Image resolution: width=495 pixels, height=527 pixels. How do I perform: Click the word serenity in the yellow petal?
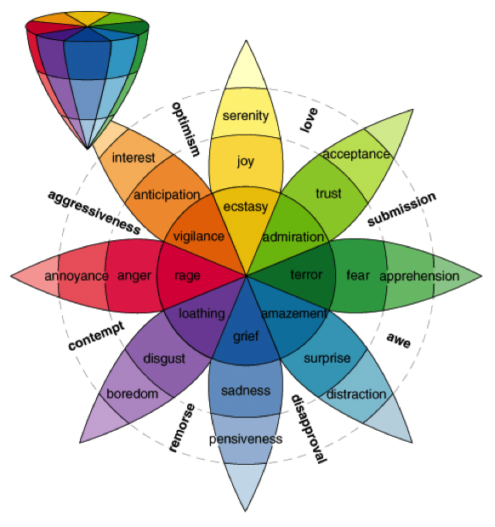pos(246,116)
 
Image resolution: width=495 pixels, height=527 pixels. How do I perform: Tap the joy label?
pos(246,161)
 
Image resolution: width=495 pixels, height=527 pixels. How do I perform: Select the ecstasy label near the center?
pos(246,207)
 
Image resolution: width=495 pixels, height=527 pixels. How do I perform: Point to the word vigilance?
pos(198,237)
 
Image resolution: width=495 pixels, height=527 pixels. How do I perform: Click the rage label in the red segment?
pos(187,277)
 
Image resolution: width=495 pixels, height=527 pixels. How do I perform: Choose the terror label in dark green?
pos(306,275)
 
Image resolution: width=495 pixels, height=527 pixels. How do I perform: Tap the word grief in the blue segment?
pos(246,336)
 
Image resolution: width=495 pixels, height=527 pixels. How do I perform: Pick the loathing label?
pos(202,314)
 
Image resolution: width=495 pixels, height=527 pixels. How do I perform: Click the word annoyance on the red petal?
pos(77,277)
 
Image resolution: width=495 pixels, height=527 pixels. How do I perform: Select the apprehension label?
pos(419,277)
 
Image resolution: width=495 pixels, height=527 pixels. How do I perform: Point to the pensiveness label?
pos(246,439)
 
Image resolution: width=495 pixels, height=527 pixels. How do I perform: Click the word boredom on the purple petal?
pos(133,393)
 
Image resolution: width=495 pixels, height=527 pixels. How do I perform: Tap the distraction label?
pos(356,394)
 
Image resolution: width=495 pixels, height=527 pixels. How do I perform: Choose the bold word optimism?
pos(185,129)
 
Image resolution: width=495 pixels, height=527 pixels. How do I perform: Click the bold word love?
pos(309,120)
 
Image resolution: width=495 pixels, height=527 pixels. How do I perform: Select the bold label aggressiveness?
pos(94,212)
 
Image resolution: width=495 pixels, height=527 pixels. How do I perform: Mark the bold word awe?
pos(399,341)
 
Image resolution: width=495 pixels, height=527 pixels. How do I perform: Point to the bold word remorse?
pos(182,427)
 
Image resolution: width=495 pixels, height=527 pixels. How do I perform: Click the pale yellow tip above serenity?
pos(246,67)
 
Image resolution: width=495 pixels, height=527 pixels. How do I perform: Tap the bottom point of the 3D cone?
pos(88,148)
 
